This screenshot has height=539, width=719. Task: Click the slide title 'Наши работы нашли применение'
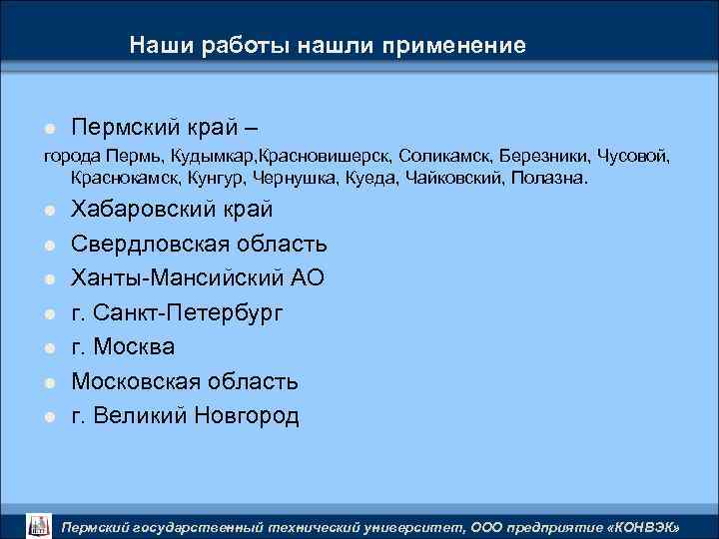327,46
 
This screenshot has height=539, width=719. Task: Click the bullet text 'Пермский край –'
168,128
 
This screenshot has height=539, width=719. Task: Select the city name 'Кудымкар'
213,158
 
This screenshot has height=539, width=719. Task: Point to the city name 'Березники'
545,158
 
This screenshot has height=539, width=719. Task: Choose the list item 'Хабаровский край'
172,210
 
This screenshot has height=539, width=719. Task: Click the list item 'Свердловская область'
199,244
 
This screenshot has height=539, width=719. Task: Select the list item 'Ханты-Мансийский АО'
198,278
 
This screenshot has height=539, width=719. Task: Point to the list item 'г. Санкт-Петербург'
178,312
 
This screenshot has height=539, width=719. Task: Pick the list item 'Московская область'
185,381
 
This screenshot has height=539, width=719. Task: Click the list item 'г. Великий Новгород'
185,415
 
